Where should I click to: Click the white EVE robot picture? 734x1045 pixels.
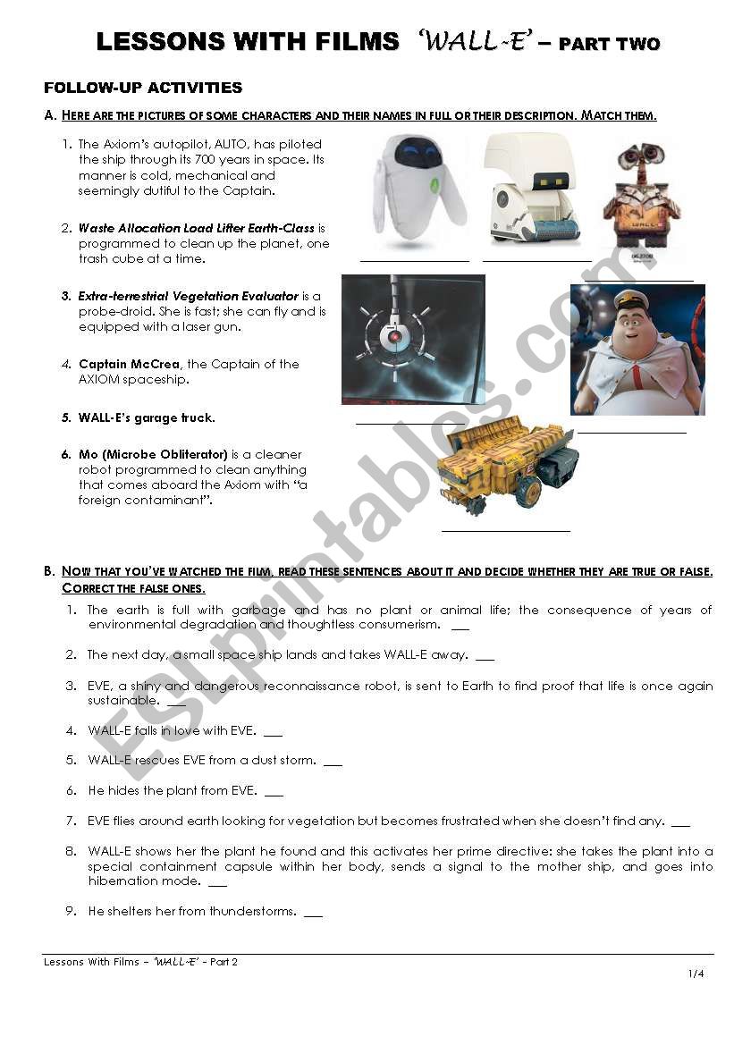pyautogui.click(x=418, y=190)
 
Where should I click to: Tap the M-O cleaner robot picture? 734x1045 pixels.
pyautogui.click(x=529, y=190)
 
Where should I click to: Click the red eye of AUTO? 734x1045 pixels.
pyautogui.click(x=392, y=339)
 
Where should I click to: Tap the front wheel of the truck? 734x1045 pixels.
pyautogui.click(x=528, y=493)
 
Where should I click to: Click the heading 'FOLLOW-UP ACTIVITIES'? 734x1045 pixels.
pyautogui.click(x=143, y=88)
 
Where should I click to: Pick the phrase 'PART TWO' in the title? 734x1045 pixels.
pyautogui.click(x=609, y=43)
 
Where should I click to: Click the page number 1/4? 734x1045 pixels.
pyautogui.click(x=696, y=973)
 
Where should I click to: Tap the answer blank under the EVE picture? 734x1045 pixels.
pyautogui.click(x=414, y=260)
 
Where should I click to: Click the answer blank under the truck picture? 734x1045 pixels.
pyautogui.click(x=505, y=531)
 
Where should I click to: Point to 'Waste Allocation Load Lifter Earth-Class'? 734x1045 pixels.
pyautogui.click(x=197, y=229)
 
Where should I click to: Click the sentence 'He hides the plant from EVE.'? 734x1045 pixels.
pyautogui.click(x=173, y=790)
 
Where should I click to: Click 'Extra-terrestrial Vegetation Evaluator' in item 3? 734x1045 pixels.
pyautogui.click(x=188, y=296)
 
